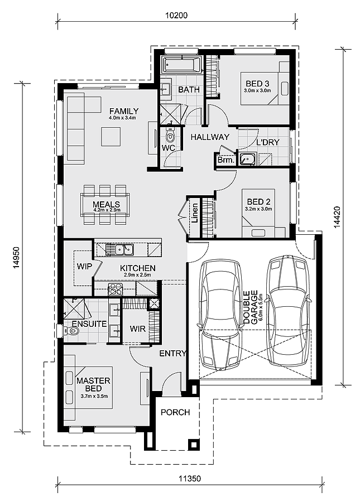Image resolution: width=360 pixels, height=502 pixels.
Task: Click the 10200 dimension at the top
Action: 176,16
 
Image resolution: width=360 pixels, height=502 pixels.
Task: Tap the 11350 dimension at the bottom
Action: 190,479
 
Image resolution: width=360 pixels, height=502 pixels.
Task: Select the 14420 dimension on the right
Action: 337,217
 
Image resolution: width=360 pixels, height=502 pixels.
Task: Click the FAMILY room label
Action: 124,111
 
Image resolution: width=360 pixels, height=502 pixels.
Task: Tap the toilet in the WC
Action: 170,136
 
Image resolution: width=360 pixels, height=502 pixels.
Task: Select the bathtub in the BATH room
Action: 181,65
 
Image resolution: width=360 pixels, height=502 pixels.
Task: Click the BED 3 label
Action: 257,84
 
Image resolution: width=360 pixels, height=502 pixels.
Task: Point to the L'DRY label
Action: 268,142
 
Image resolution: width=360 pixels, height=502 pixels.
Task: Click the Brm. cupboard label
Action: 226,160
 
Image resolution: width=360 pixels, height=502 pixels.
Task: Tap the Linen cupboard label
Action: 195,213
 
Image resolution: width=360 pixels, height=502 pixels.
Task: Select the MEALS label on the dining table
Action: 107,204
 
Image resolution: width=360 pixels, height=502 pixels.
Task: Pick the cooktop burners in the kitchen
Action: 116,289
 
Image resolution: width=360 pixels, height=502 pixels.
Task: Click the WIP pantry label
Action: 84,267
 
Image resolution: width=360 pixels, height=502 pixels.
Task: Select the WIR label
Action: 138,329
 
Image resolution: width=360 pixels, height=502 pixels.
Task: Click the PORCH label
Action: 175,412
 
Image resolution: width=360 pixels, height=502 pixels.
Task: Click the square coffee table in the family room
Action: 112,137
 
